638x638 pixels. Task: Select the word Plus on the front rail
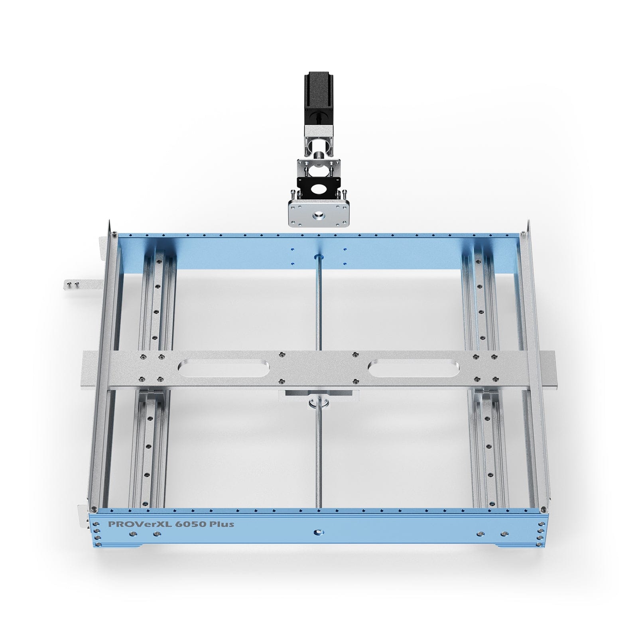coord(221,524)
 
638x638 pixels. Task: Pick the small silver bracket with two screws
coord(75,284)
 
